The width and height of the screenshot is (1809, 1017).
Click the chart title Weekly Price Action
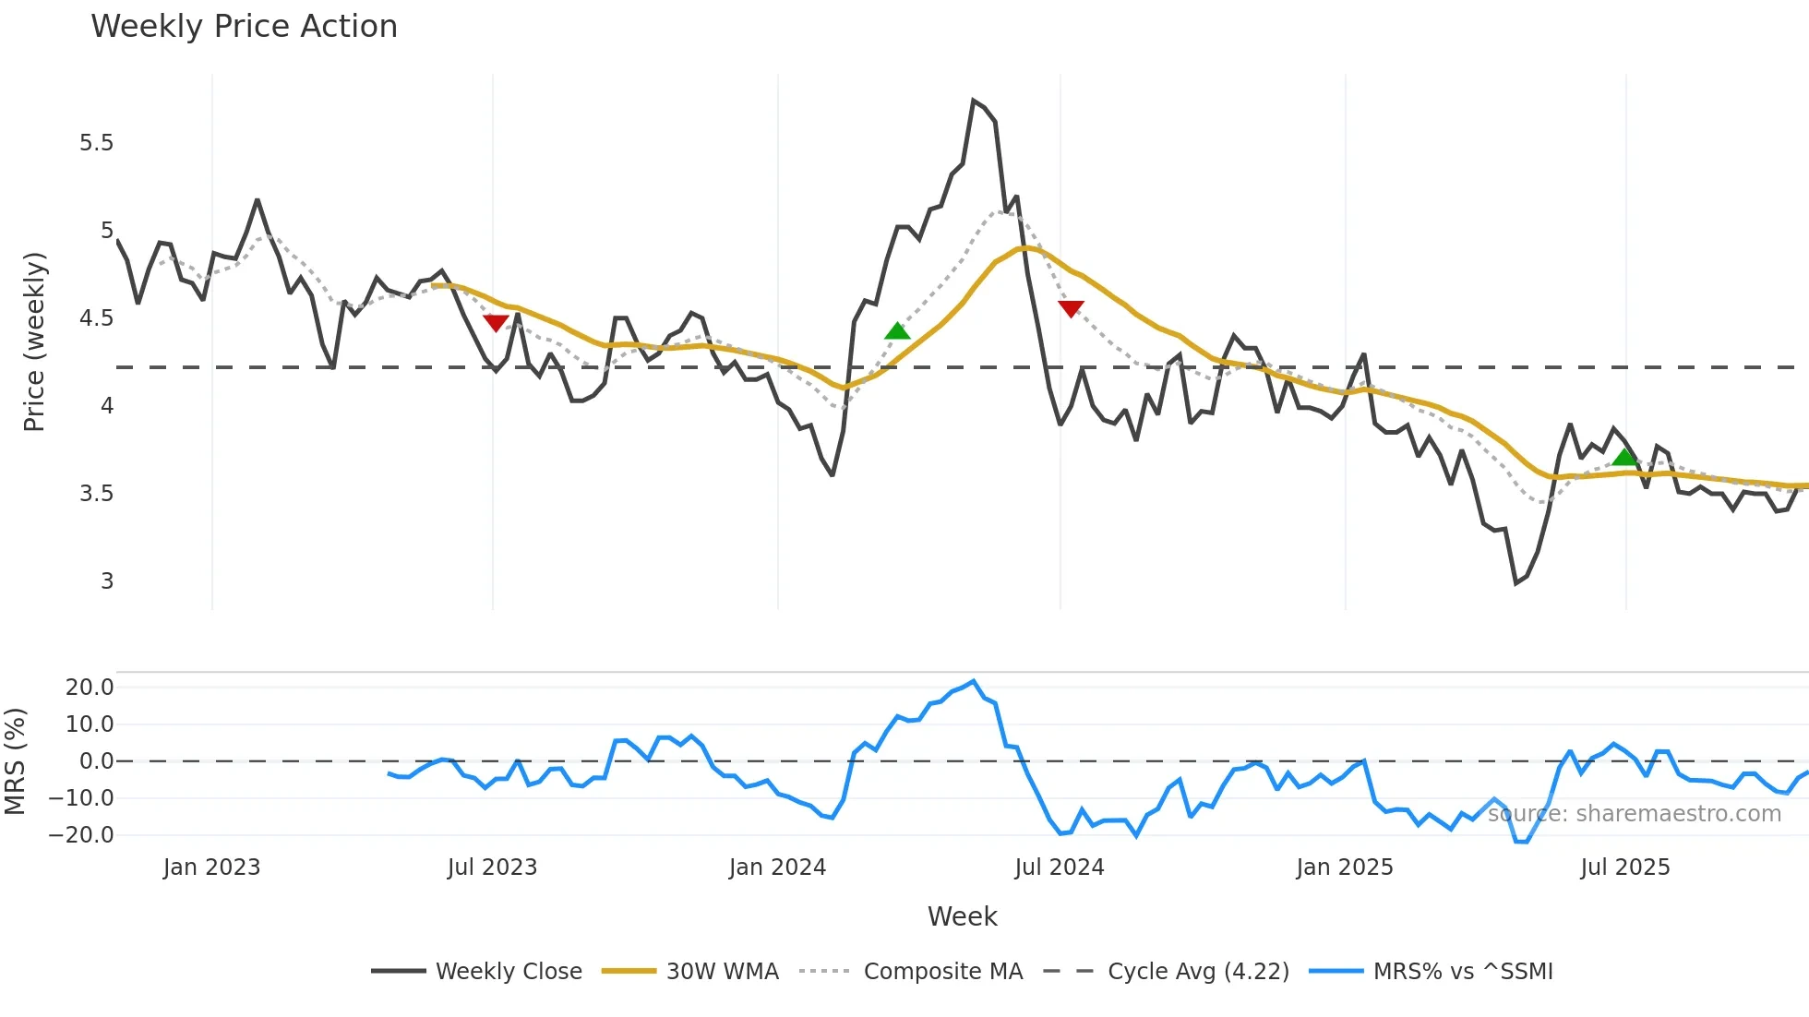244,27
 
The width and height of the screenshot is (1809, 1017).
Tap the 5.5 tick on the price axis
96,143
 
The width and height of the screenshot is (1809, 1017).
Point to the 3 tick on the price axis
107,581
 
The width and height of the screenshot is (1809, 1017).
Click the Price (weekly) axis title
34,341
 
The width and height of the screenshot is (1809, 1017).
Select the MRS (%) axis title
15,761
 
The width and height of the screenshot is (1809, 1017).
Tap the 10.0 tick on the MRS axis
90,724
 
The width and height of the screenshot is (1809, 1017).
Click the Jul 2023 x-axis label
492,867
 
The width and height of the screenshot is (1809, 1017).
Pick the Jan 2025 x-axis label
1344,867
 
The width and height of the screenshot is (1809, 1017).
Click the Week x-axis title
962,916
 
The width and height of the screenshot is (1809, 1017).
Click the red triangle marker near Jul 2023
496,322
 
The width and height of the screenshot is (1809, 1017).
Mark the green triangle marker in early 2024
897,331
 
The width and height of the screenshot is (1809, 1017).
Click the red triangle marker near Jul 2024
1071,308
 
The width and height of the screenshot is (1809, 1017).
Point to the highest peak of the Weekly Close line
974,101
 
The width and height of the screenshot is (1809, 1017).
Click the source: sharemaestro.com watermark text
1634,814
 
